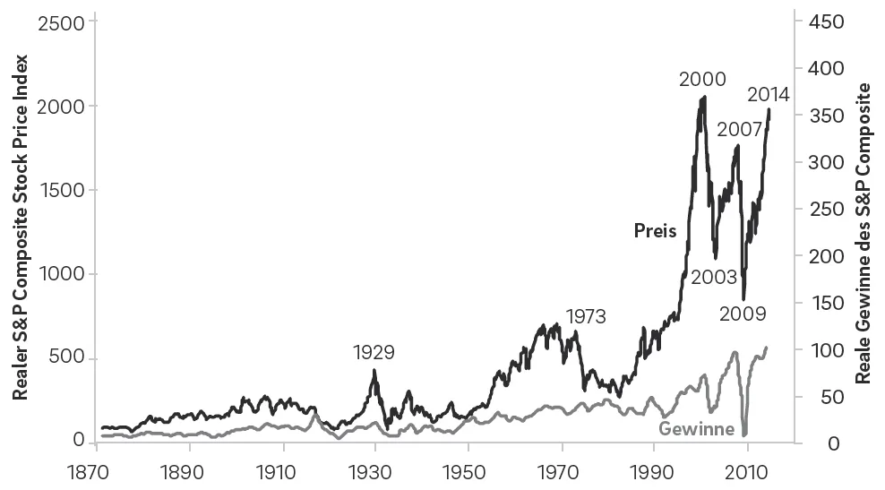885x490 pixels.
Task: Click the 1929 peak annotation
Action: (x=374, y=352)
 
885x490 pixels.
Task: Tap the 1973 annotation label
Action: (x=586, y=316)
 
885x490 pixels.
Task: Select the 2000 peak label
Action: (x=702, y=80)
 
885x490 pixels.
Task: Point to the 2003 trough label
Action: (x=714, y=277)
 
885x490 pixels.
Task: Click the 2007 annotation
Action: (x=740, y=129)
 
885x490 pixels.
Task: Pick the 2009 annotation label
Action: (x=743, y=314)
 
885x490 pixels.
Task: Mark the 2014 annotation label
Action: (x=768, y=94)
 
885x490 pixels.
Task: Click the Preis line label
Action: (x=655, y=230)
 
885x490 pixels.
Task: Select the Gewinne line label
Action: (x=697, y=428)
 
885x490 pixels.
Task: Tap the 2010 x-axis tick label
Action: (x=747, y=470)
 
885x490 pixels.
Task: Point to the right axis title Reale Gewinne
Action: (x=864, y=233)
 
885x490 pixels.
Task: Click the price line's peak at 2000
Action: (x=704, y=97)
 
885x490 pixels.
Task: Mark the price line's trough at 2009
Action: (x=743, y=299)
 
